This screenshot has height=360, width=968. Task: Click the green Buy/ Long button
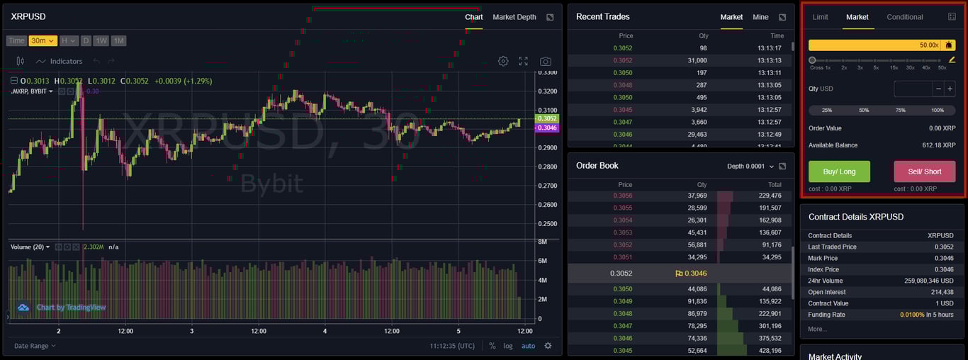839,171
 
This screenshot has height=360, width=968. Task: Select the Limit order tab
820,17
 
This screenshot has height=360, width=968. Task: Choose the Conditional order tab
904,17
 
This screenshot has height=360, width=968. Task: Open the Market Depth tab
514,17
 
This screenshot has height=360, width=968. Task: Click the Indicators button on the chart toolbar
60,62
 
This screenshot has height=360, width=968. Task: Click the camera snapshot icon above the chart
545,62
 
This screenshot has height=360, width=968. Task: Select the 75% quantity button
900,111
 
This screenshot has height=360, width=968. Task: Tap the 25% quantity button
827,111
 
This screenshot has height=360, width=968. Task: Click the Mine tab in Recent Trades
760,17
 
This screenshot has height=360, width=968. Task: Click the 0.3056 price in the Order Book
624,196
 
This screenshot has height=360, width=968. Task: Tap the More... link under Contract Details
817,329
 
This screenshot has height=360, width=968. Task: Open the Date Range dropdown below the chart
34,346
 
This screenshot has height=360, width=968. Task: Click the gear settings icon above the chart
503,62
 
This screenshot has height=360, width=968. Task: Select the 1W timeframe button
101,41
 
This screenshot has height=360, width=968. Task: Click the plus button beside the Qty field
950,89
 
